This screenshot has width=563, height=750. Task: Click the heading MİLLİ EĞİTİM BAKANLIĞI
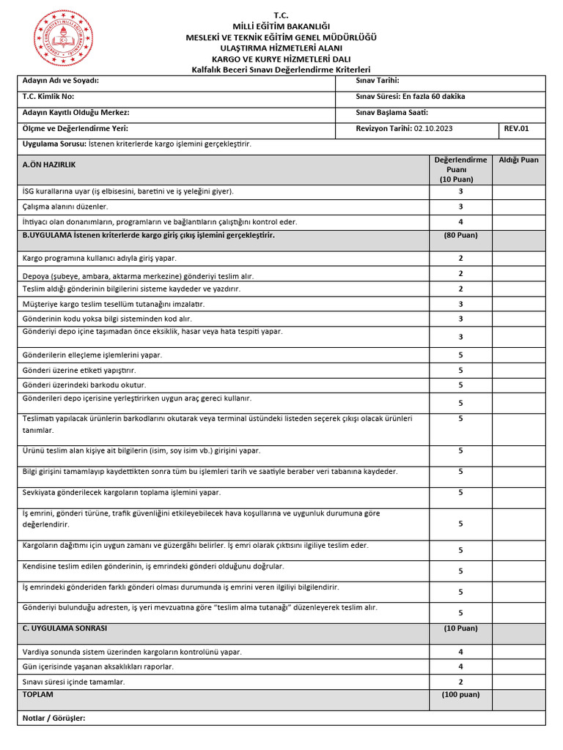point(281,26)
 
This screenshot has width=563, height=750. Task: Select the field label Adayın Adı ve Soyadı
point(60,81)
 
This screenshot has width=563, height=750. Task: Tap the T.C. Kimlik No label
point(48,97)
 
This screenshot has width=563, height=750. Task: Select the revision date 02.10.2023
point(433,128)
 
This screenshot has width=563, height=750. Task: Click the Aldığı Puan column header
point(518,160)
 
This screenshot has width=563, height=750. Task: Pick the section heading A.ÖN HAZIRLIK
point(50,166)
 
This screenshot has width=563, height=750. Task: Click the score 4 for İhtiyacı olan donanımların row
point(460,222)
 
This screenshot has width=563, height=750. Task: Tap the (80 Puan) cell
point(460,236)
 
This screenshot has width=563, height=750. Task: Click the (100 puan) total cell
point(460,694)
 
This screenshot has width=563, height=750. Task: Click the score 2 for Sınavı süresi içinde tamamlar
point(460,682)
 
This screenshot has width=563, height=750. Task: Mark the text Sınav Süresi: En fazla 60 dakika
point(410,97)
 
